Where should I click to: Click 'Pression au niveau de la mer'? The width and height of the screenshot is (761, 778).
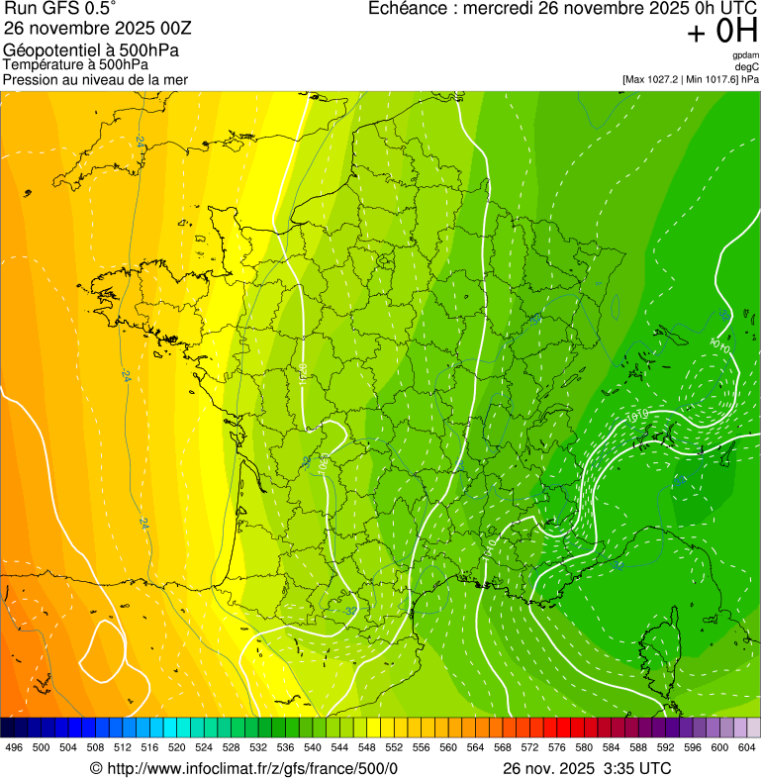(95, 79)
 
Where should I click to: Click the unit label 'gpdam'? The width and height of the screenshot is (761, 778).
(745, 55)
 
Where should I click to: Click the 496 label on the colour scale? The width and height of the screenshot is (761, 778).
(14, 747)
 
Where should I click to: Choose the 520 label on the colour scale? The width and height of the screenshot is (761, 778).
(177, 747)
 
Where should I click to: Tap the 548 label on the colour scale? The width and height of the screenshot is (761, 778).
(367, 747)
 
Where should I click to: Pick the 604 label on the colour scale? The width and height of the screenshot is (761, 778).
(747, 747)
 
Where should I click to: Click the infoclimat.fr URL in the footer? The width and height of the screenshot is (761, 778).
(252, 768)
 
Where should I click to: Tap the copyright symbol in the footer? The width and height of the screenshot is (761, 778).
(96, 768)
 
